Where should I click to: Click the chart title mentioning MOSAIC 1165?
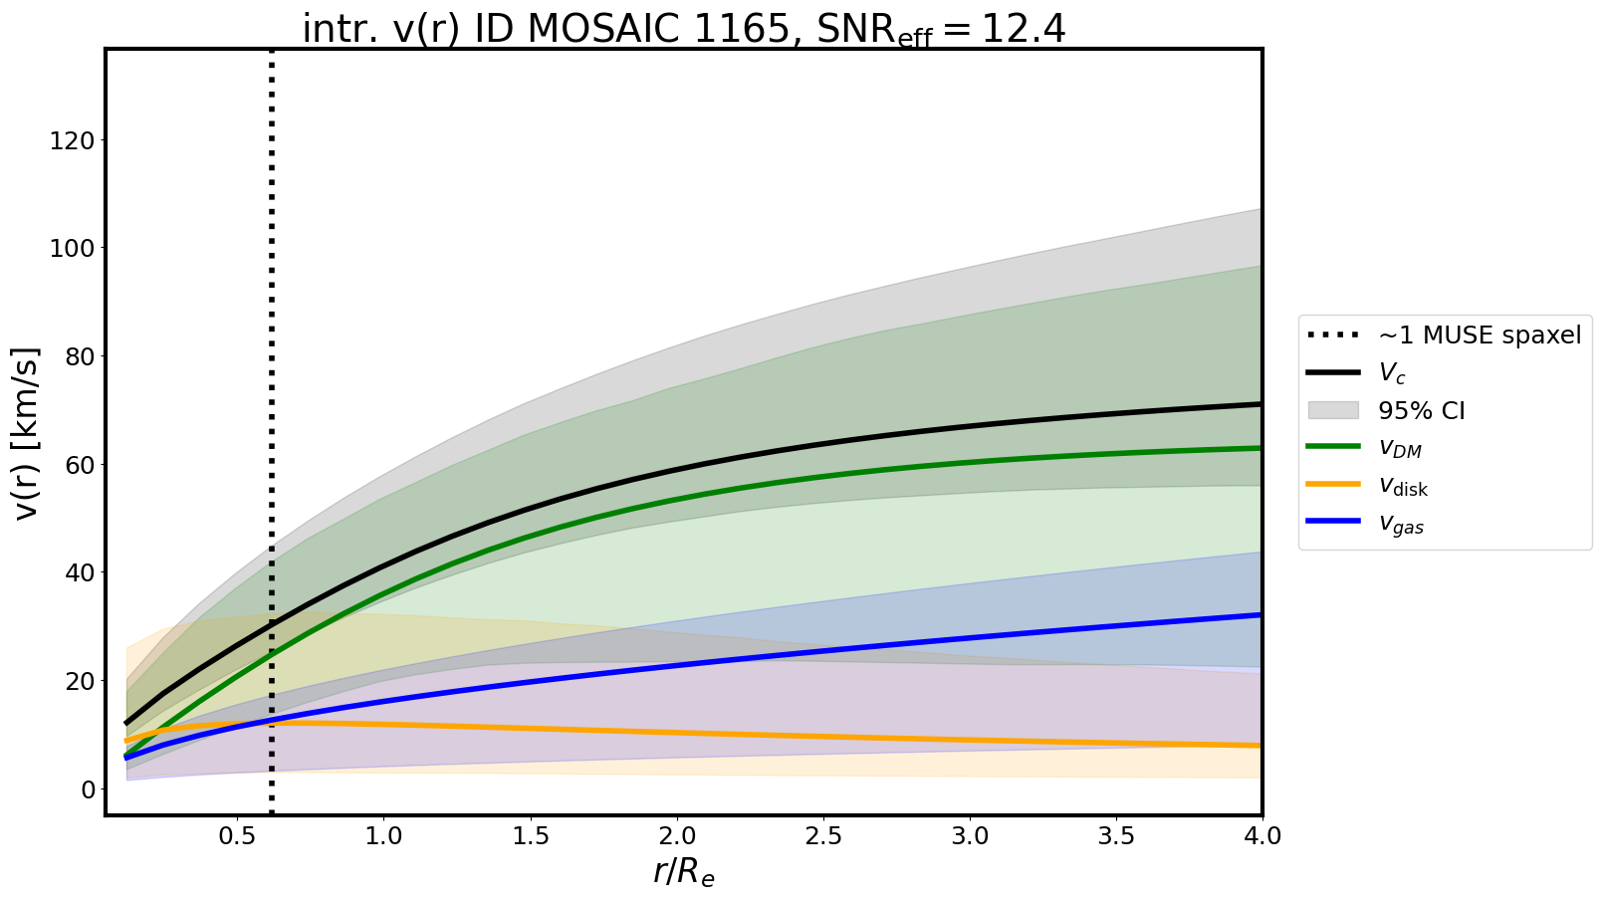[683, 29]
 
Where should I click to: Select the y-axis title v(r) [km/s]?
[27, 433]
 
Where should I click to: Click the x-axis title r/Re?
[684, 872]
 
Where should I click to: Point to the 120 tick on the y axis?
[74, 140]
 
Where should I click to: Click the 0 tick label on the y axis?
[88, 789]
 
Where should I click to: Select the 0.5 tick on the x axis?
[237, 835]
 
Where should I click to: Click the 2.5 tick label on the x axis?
[823, 835]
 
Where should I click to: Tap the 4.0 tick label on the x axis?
[1261, 835]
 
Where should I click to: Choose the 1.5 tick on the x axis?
[531, 835]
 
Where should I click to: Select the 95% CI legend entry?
[1421, 411]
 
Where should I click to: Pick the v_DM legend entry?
[1400, 449]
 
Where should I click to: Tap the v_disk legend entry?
[1403, 487]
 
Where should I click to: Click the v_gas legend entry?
[1401, 525]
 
